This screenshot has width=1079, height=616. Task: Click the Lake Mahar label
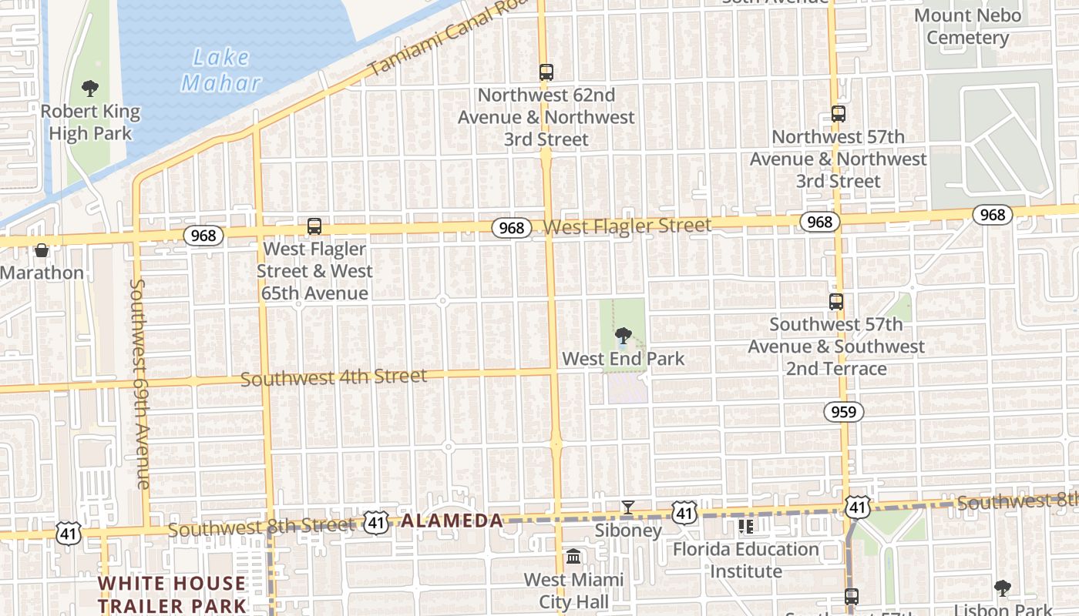click(x=221, y=70)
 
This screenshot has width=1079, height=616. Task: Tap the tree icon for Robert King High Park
click(x=90, y=88)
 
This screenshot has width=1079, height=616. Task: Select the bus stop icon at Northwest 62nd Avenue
click(x=546, y=72)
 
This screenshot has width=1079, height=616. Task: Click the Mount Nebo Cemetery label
click(x=967, y=26)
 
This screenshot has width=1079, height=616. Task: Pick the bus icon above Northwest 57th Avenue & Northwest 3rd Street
click(x=839, y=114)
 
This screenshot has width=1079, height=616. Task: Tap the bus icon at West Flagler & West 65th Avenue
click(x=314, y=226)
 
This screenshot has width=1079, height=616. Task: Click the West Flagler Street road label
click(x=627, y=226)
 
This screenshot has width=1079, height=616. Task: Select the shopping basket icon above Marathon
click(x=42, y=250)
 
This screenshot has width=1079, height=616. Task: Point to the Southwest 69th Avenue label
click(x=139, y=383)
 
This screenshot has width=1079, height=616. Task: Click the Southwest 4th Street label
click(x=333, y=377)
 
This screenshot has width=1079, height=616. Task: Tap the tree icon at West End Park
click(x=624, y=336)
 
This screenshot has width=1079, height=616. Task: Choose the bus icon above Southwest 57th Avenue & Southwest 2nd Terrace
click(x=836, y=302)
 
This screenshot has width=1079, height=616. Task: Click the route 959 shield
click(x=844, y=412)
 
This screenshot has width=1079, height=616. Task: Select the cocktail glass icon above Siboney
click(x=628, y=507)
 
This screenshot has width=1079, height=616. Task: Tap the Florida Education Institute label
click(x=745, y=560)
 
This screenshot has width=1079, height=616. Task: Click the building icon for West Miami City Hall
click(x=573, y=557)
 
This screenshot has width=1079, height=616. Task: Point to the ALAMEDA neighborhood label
click(x=452, y=521)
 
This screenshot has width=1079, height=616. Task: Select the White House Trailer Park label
click(x=172, y=594)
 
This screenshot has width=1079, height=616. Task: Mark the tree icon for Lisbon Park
click(x=1002, y=589)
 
